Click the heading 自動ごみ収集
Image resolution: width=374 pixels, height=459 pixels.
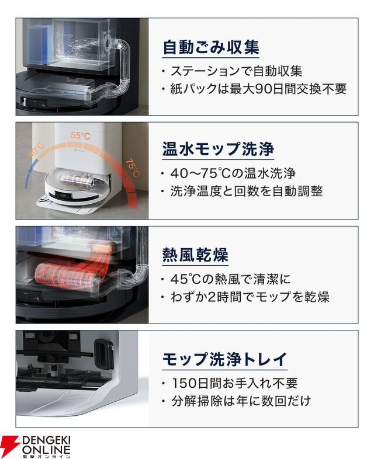pyautogui.click(x=211, y=47)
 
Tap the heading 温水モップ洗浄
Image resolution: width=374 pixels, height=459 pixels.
pyautogui.click(x=218, y=149)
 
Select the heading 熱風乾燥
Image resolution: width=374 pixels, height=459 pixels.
pyautogui.click(x=195, y=255)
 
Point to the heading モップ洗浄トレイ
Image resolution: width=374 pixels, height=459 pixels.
pyautogui.click(x=224, y=359)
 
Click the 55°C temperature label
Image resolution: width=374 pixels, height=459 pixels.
pyautogui.click(x=80, y=136)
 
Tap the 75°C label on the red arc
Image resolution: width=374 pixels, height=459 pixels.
pyautogui.click(x=133, y=168)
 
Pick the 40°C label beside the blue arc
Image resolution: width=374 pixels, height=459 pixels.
pyautogui.click(x=36, y=149)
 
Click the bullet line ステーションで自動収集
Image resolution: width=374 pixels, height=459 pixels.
pyautogui.click(x=236, y=71)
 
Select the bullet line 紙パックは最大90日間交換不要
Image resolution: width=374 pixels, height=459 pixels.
pyautogui.click(x=258, y=89)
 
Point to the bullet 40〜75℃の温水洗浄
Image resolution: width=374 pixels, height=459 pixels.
pyautogui.click(x=233, y=173)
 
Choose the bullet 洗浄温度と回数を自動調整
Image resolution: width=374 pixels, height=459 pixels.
pyautogui.click(x=246, y=191)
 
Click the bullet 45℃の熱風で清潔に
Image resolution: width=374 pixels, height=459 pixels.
pyautogui.click(x=230, y=279)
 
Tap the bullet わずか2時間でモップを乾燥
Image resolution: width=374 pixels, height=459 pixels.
pyautogui.click(x=250, y=297)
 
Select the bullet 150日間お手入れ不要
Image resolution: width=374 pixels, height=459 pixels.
pyautogui.click(x=234, y=383)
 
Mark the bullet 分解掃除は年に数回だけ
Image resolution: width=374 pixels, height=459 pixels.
pyautogui.click(x=241, y=401)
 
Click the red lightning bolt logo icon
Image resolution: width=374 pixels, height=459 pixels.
pyautogui.click(x=10, y=446)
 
